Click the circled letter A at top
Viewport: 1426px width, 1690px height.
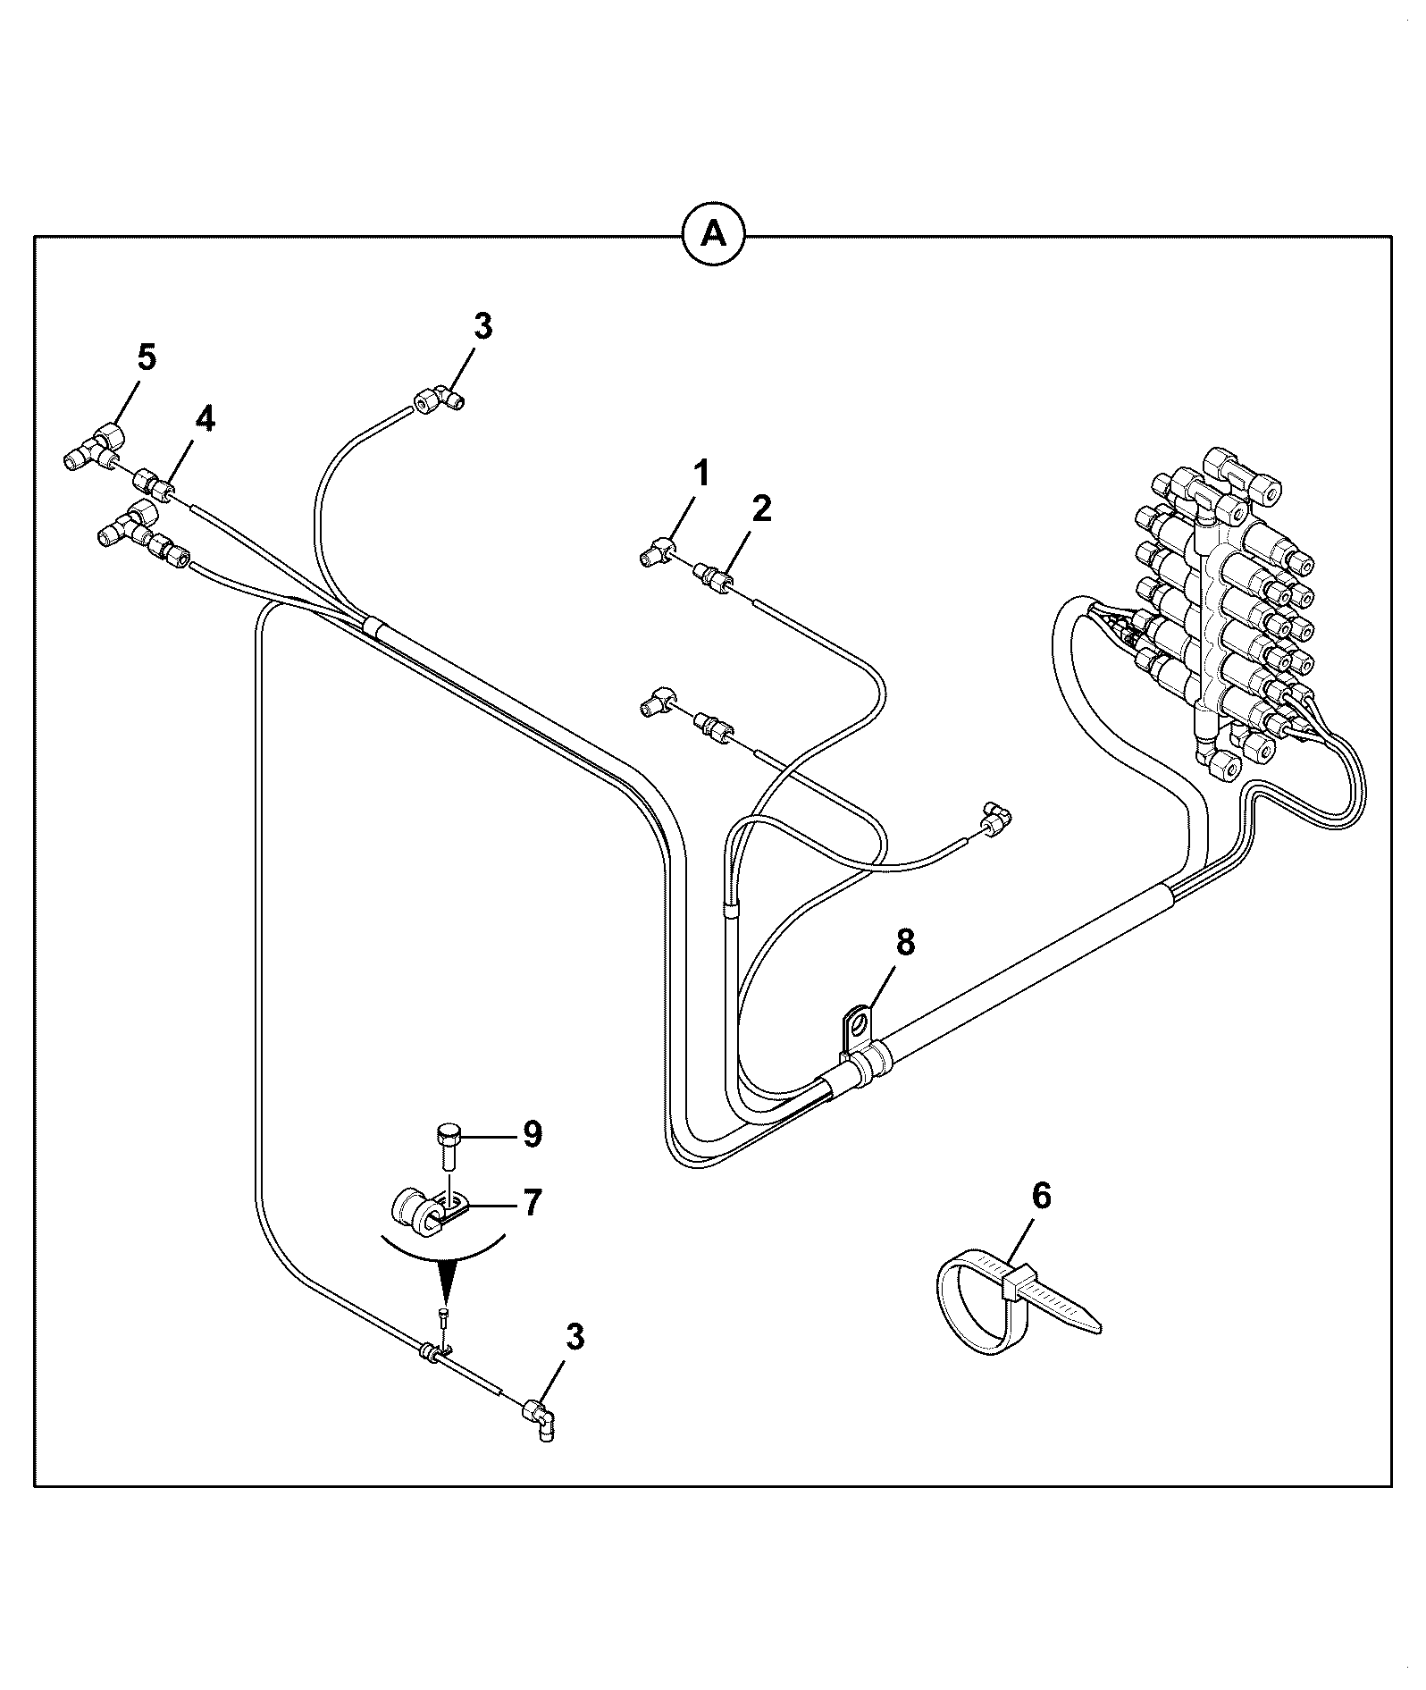click(x=713, y=235)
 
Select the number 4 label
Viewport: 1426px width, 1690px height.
click(x=205, y=418)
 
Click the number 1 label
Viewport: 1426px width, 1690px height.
click(x=702, y=474)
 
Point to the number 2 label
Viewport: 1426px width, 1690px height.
click(x=760, y=509)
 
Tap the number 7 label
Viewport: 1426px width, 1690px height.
click(x=532, y=1203)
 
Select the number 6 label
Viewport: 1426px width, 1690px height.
click(x=1041, y=1197)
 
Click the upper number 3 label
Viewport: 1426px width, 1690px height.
click(x=482, y=326)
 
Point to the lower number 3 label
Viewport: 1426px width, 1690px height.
click(x=575, y=1338)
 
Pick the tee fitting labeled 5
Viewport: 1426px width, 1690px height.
click(x=96, y=446)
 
